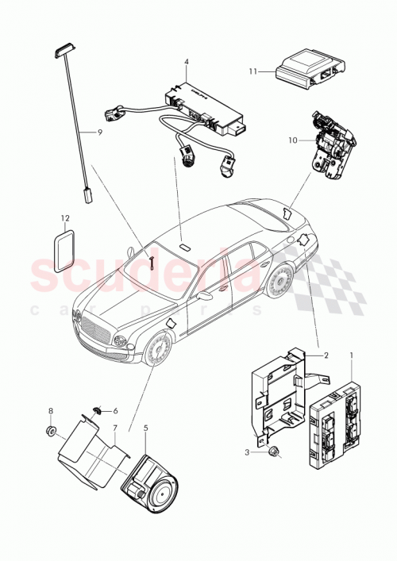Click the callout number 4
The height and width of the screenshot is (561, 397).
click(186, 62)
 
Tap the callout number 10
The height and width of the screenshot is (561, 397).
click(294, 140)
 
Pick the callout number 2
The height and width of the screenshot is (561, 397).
click(326, 357)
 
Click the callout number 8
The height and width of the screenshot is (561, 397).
click(51, 411)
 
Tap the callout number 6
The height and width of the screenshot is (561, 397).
click(114, 411)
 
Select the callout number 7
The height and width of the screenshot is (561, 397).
click(114, 428)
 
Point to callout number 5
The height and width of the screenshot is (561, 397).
click(145, 428)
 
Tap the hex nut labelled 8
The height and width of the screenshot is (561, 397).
click(50, 432)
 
